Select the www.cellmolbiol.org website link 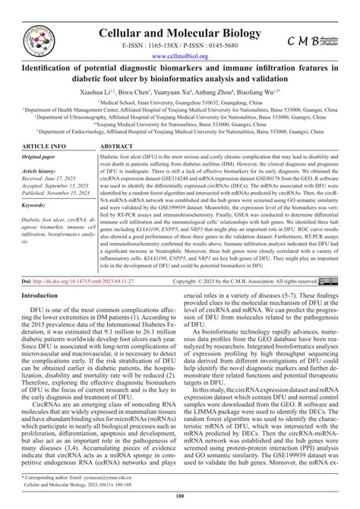(180, 55)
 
